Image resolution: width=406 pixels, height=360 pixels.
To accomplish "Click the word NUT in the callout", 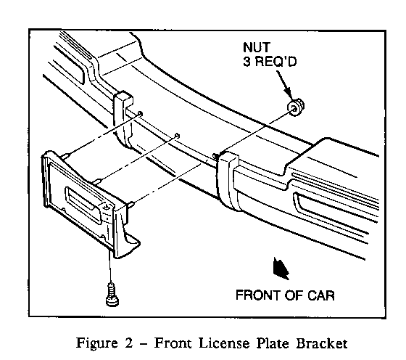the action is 257,47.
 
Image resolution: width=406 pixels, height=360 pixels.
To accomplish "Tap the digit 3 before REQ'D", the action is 247,62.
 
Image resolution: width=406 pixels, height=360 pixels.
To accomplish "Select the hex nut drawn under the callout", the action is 296,107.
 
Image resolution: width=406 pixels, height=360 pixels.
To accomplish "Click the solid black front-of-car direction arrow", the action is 281,269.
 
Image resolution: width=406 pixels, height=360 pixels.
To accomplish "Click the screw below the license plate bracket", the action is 112,294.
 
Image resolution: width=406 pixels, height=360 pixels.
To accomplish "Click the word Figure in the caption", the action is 96,343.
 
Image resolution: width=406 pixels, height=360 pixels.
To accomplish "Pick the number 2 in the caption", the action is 129,343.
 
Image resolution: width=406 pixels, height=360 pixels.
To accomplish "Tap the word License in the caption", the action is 224,343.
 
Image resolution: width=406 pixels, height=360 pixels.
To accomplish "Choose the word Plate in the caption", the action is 273,343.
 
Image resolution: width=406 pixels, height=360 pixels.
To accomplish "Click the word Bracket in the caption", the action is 321,343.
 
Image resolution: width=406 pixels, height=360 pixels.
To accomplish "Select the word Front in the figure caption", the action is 173,343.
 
